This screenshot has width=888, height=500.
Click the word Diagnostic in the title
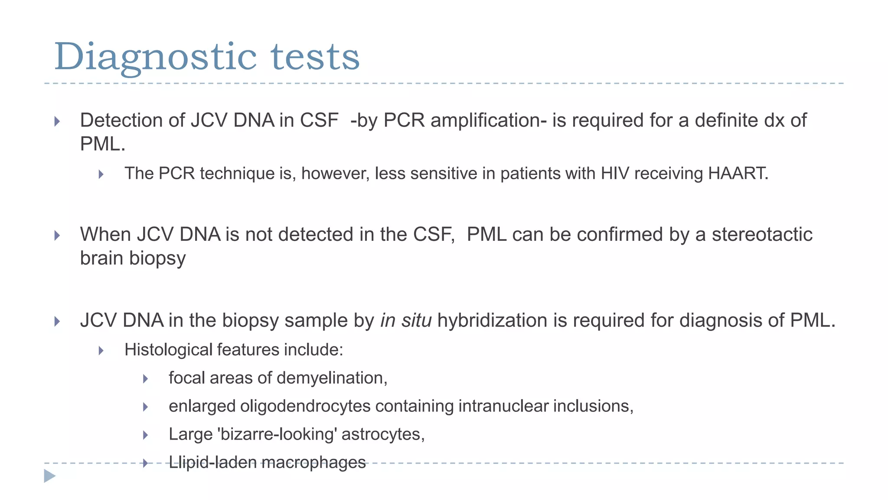(155, 57)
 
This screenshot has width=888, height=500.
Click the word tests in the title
(315, 57)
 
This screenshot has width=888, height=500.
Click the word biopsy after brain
(157, 259)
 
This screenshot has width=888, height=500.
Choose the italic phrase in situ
(406, 320)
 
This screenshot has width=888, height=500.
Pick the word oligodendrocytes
(305, 406)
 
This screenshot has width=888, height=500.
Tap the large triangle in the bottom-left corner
(50, 476)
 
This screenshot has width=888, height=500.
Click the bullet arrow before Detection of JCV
(57, 121)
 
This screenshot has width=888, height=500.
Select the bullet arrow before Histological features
(101, 350)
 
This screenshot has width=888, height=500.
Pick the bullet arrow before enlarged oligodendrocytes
(146, 407)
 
